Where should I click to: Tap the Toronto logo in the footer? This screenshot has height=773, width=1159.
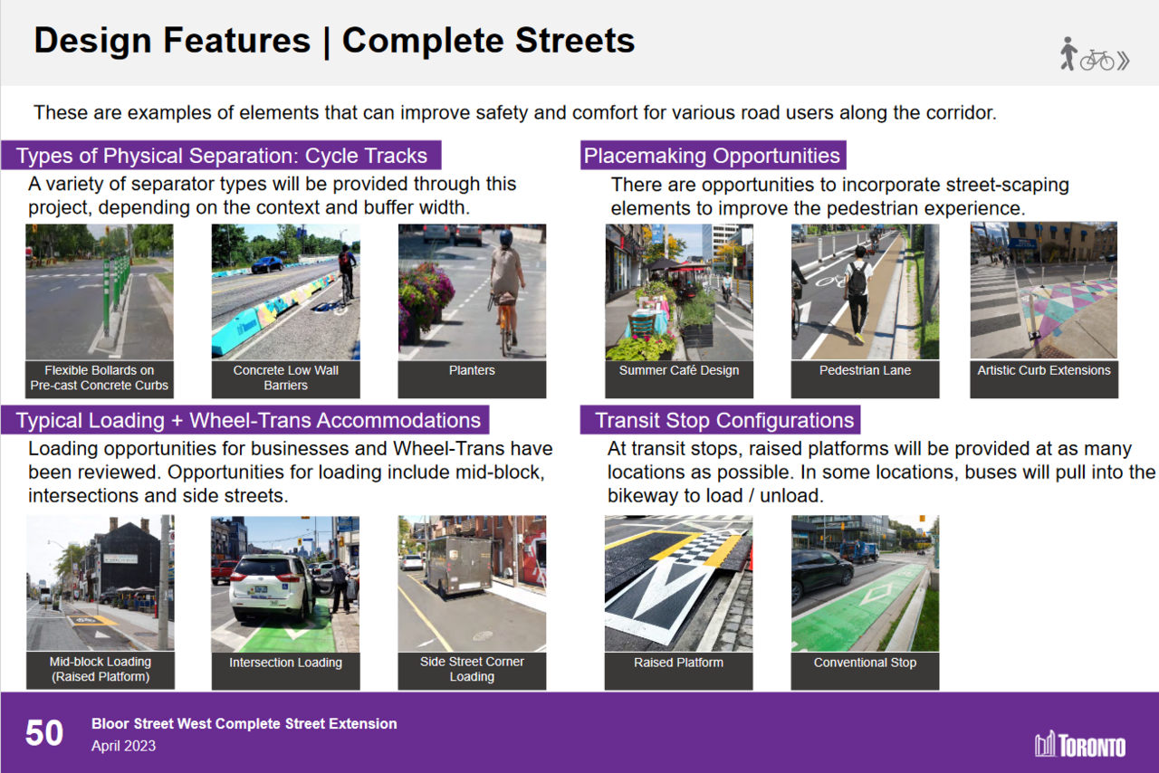tap(1080, 744)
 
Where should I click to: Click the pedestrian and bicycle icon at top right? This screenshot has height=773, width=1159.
tap(1095, 55)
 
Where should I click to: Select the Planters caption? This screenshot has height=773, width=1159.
tap(472, 370)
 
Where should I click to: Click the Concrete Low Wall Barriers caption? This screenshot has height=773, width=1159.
tap(285, 377)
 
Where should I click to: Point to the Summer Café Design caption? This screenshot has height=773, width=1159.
tap(678, 370)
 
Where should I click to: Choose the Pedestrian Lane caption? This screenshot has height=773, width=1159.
tap(865, 370)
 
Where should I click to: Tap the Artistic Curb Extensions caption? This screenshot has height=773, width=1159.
tap(1043, 370)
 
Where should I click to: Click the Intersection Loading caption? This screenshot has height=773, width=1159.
tap(285, 663)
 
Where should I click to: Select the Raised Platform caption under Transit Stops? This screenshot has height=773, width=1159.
tap(678, 663)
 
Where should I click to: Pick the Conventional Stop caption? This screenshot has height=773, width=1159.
tap(865, 663)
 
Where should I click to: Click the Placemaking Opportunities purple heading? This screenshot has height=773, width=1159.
tap(712, 156)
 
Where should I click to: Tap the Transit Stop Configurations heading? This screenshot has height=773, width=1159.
tap(724, 421)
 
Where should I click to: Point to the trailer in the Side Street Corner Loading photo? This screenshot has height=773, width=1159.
tap(460, 565)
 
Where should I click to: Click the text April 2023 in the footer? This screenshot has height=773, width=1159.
tap(123, 746)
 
